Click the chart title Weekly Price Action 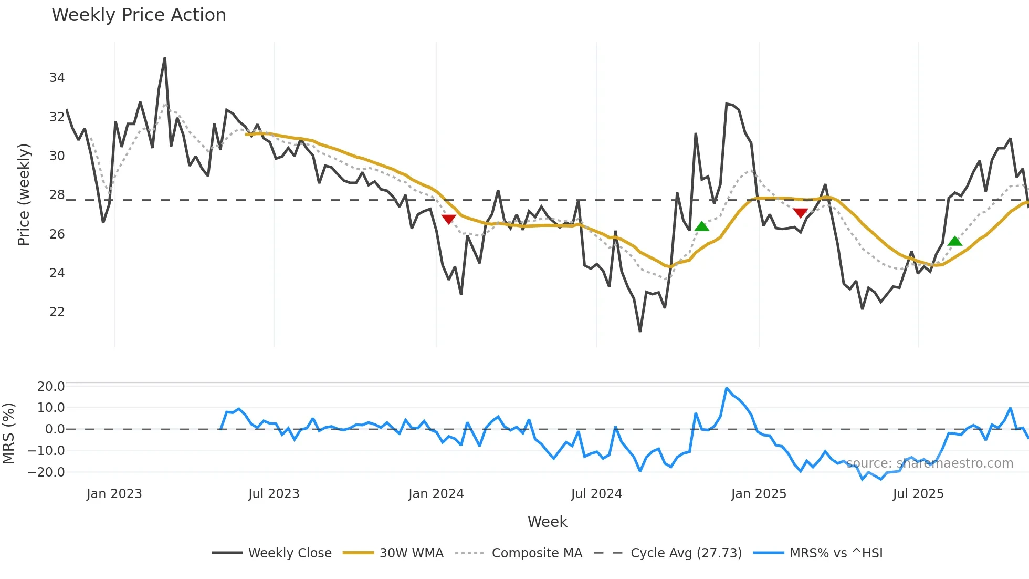coord(139,15)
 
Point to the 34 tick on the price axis coord(57,78)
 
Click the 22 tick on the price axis coord(57,312)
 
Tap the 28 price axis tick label coord(57,195)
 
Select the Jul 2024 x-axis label coord(596,494)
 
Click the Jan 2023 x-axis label coord(114,494)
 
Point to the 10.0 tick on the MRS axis coord(51,408)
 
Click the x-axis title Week coord(547,522)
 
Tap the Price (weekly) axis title coord(24,194)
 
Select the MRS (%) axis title coord(8,433)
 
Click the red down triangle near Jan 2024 coord(448,219)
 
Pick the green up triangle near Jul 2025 coord(955,241)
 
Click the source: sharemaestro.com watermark coord(929,463)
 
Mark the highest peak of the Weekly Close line coord(165,58)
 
